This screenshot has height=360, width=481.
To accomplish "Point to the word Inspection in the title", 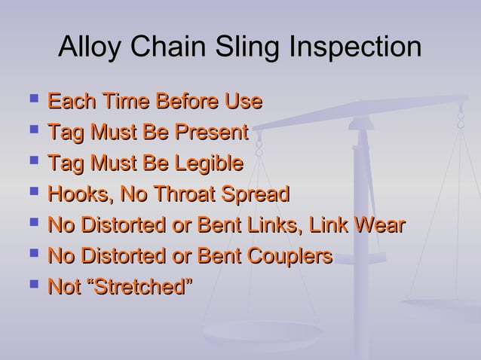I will (358, 48).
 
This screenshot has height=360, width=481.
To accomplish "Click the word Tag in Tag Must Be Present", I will (63, 133).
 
